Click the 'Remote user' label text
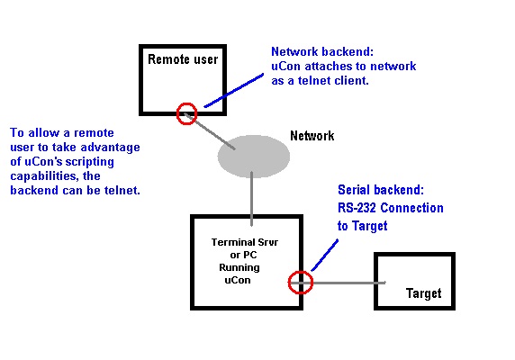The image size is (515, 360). (x=183, y=59)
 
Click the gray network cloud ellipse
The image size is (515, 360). (x=254, y=157)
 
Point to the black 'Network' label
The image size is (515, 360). (x=312, y=136)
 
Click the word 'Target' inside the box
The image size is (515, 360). (x=424, y=293)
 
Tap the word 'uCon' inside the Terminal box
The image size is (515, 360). (x=238, y=280)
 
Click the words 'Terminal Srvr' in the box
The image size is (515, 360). (x=245, y=242)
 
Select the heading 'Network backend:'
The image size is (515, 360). (x=322, y=51)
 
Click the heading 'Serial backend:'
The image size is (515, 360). (x=381, y=190)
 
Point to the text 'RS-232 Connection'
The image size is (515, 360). (x=391, y=208)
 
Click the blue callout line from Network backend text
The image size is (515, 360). (x=234, y=90)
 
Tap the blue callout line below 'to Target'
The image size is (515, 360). (x=324, y=256)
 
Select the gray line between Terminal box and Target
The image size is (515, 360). (x=338, y=283)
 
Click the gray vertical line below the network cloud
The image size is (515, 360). (x=251, y=199)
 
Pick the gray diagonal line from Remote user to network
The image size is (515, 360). (x=210, y=131)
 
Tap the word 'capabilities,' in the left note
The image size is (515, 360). (x=45, y=176)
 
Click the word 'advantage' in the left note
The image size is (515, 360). (x=111, y=148)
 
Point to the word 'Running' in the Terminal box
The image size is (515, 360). (x=239, y=268)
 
